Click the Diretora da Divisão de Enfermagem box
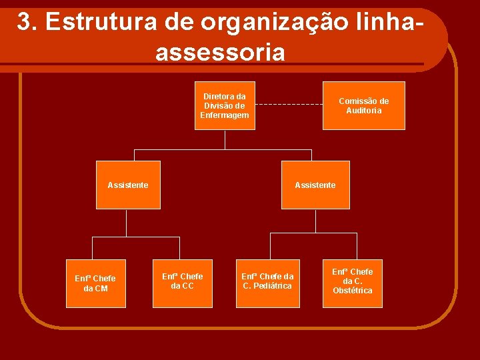(x=225, y=106)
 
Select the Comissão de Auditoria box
(x=363, y=106)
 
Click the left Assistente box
(x=128, y=185)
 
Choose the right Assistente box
(x=315, y=185)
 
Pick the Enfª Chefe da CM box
(x=95, y=283)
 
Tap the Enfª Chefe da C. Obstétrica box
(x=353, y=283)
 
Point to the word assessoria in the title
(x=220, y=52)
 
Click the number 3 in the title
(x=25, y=22)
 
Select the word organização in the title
(x=273, y=22)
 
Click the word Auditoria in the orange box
(x=364, y=111)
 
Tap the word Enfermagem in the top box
(x=225, y=115)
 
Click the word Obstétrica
(x=353, y=291)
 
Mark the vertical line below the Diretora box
(x=225, y=139)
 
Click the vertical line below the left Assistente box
(x=128, y=223)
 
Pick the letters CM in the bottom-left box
(x=101, y=289)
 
